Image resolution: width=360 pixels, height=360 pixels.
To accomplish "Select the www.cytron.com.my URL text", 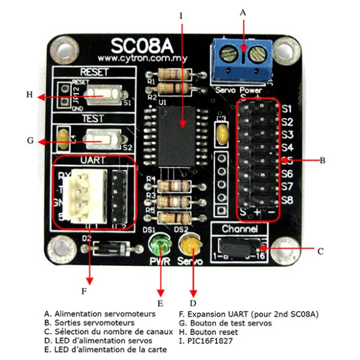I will [x=142, y=58].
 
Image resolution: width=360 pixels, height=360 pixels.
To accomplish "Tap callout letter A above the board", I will [x=242, y=12].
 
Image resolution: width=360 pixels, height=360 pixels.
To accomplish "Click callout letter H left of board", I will [x=28, y=95].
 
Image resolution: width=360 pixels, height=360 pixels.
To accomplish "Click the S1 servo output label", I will [x=287, y=109].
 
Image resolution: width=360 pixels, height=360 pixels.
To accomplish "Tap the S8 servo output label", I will [x=287, y=200].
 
